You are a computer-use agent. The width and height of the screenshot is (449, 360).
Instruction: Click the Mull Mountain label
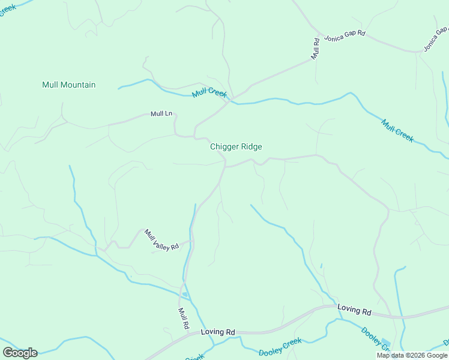point(68,85)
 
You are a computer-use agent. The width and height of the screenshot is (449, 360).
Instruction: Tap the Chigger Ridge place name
point(236,146)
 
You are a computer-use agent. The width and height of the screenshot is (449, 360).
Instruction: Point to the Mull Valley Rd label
point(161,239)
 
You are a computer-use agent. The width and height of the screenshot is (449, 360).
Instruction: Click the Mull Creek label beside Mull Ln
point(209,93)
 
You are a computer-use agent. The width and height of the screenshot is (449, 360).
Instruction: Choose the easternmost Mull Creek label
point(397,130)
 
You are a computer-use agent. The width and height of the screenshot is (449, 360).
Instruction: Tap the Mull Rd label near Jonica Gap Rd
point(315,48)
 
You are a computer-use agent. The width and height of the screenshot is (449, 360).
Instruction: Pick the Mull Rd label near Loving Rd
point(184,318)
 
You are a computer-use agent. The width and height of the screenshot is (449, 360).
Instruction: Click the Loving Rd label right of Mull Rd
point(217,332)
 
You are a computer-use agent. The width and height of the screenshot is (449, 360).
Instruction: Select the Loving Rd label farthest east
point(354,310)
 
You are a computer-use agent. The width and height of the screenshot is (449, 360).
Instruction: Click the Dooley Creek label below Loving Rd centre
point(280,346)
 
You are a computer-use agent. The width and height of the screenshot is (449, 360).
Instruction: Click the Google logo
point(20,352)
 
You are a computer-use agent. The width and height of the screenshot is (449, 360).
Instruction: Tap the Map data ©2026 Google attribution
point(412,355)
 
